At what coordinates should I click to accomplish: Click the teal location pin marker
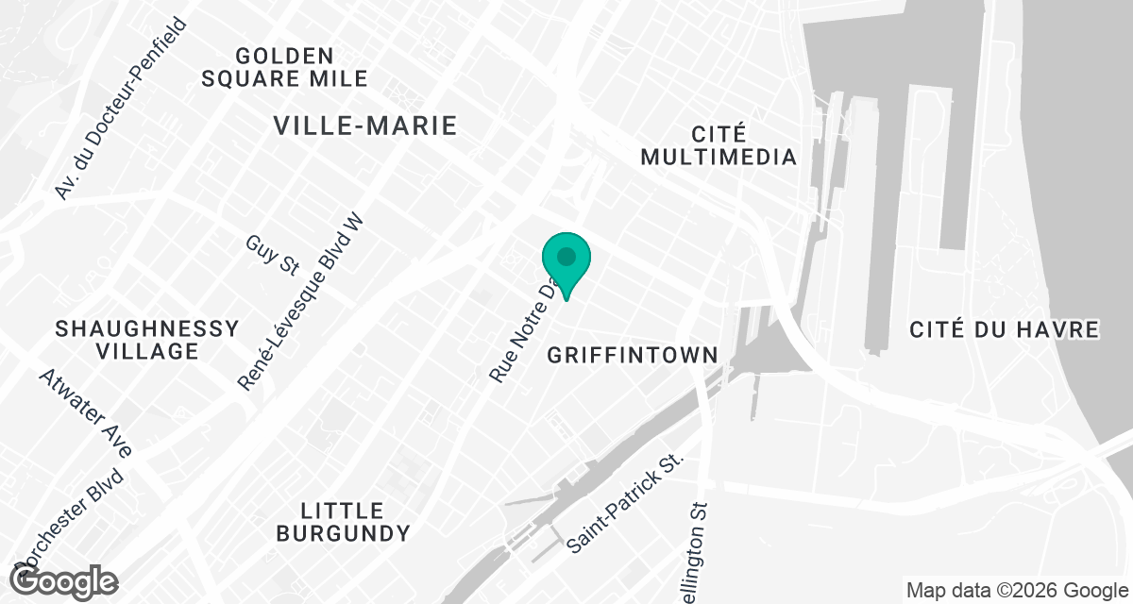566,260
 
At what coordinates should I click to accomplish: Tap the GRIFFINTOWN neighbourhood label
633,356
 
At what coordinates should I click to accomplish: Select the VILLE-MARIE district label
364,126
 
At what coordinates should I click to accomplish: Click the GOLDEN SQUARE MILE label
284,67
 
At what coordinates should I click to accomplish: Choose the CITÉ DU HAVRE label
1005,329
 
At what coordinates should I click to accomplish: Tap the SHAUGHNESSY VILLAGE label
146,340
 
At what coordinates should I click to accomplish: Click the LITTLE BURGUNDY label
343,522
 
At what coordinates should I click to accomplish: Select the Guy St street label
272,256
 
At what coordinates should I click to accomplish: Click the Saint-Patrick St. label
624,504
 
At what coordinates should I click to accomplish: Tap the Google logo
65,580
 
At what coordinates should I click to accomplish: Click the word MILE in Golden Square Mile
337,78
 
